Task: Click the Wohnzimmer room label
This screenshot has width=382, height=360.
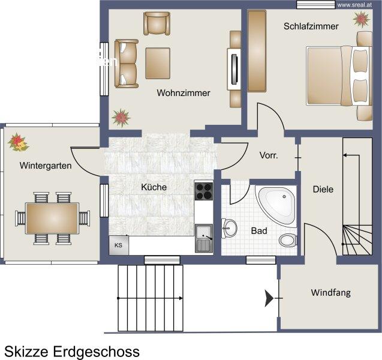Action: [x=184, y=93]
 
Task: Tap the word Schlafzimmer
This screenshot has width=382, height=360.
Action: [x=311, y=26]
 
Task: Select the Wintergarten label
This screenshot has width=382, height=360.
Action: [x=46, y=166]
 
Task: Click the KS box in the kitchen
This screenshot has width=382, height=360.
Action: [x=119, y=245]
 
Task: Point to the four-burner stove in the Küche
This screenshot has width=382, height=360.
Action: [x=204, y=191]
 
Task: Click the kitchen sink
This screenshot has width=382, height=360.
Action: [x=204, y=238]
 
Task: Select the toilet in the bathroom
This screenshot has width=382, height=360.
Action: [x=288, y=240]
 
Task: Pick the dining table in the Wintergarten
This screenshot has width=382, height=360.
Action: [x=52, y=218]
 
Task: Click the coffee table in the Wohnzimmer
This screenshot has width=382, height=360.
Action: [x=158, y=63]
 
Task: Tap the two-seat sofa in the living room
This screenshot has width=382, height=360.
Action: [x=126, y=64]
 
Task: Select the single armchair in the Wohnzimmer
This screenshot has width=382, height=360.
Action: [x=157, y=23]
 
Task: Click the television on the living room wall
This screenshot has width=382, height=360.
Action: [x=234, y=70]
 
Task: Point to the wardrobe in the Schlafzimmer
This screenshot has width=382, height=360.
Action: [x=257, y=51]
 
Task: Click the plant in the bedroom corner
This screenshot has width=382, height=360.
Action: [x=362, y=19]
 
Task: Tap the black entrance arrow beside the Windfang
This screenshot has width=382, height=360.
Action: [x=269, y=298]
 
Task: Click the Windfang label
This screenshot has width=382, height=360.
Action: [x=330, y=292]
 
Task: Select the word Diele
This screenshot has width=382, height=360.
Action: [x=323, y=190]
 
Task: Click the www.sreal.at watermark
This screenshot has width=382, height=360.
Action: [x=354, y=5]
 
